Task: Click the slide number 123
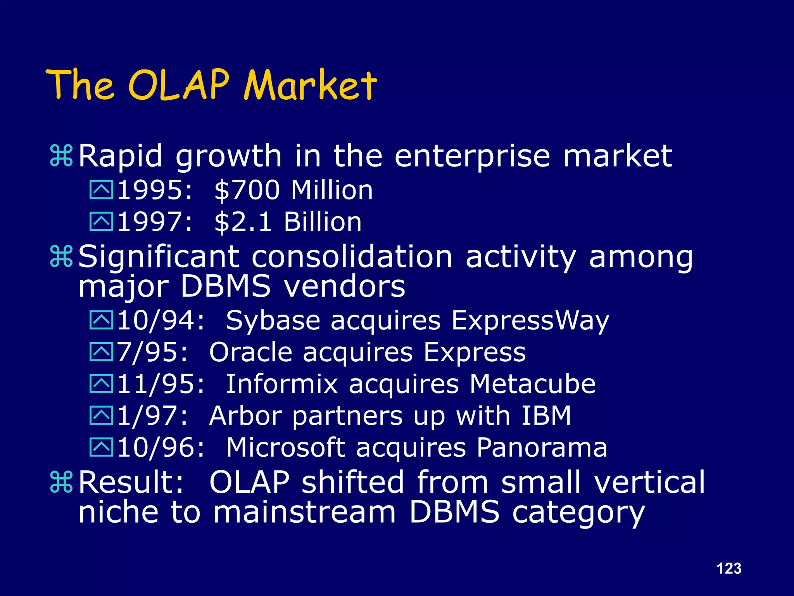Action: coord(729,568)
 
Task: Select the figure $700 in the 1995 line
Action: coord(247,190)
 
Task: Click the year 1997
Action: coord(154,222)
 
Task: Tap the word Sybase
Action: coord(273,321)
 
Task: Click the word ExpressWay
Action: coord(530,321)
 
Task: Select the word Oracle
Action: coord(250,352)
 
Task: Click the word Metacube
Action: coord(532,384)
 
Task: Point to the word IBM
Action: coord(546,416)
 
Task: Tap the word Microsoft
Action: coord(286,448)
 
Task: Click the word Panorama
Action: coord(542,448)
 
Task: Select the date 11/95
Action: coord(160,384)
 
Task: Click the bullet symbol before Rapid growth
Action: coord(61,156)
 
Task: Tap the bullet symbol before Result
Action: coord(61,482)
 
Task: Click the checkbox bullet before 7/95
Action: coord(101,352)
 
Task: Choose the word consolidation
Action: coord(352,257)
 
